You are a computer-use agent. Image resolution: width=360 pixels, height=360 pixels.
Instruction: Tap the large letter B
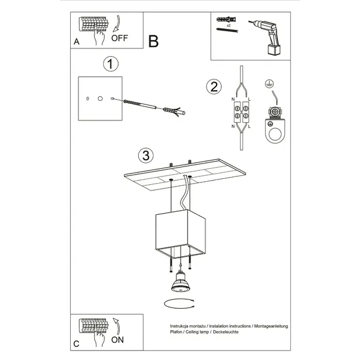pyautogui.click(x=153, y=42)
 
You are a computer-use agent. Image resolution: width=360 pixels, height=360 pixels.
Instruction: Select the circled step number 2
pyautogui.click(x=214, y=87)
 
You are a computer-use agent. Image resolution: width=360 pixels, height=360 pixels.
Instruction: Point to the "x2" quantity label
pyautogui.click(x=227, y=27)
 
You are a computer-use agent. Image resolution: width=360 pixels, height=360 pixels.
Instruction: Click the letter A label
pyautogui.click(x=77, y=42)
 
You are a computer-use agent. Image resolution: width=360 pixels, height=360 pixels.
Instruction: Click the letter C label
pyautogui.click(x=77, y=343)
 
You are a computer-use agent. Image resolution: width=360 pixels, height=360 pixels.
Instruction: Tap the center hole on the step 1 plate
pyautogui.click(x=100, y=97)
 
